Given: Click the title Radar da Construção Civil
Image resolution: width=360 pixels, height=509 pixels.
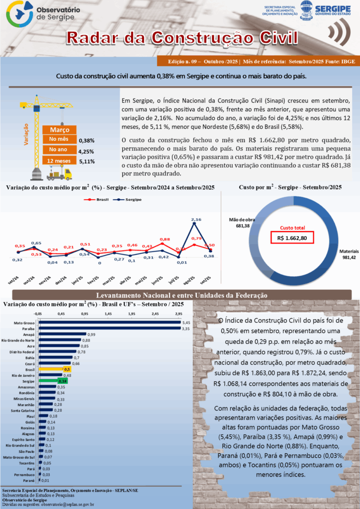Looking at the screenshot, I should coord(182,38).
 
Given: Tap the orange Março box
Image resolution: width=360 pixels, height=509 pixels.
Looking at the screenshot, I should coord(60,130).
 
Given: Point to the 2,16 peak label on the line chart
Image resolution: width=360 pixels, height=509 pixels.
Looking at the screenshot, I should coord(196,219).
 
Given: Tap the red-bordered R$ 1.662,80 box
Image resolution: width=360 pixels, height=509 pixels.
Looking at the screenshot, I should coord(292,238).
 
